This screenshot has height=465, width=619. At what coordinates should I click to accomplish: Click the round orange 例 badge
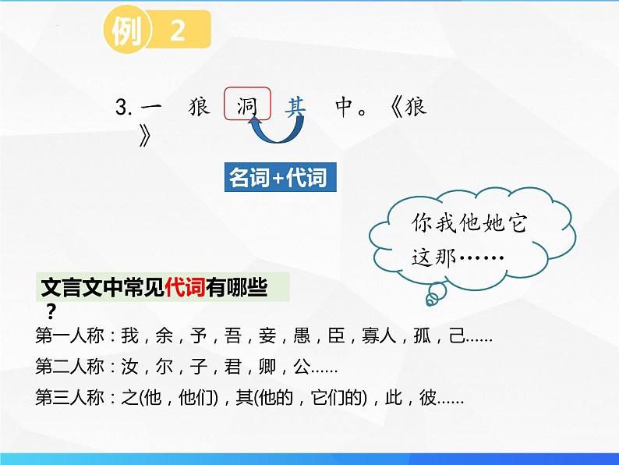click(126, 33)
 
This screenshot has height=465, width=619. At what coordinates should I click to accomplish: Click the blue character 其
click(295, 107)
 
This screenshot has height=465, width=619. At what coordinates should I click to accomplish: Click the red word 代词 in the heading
click(184, 290)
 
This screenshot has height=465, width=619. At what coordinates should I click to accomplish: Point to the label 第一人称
click(70, 337)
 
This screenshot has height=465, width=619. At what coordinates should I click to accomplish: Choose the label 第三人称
click(70, 398)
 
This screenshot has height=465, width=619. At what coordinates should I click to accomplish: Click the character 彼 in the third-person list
click(428, 398)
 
